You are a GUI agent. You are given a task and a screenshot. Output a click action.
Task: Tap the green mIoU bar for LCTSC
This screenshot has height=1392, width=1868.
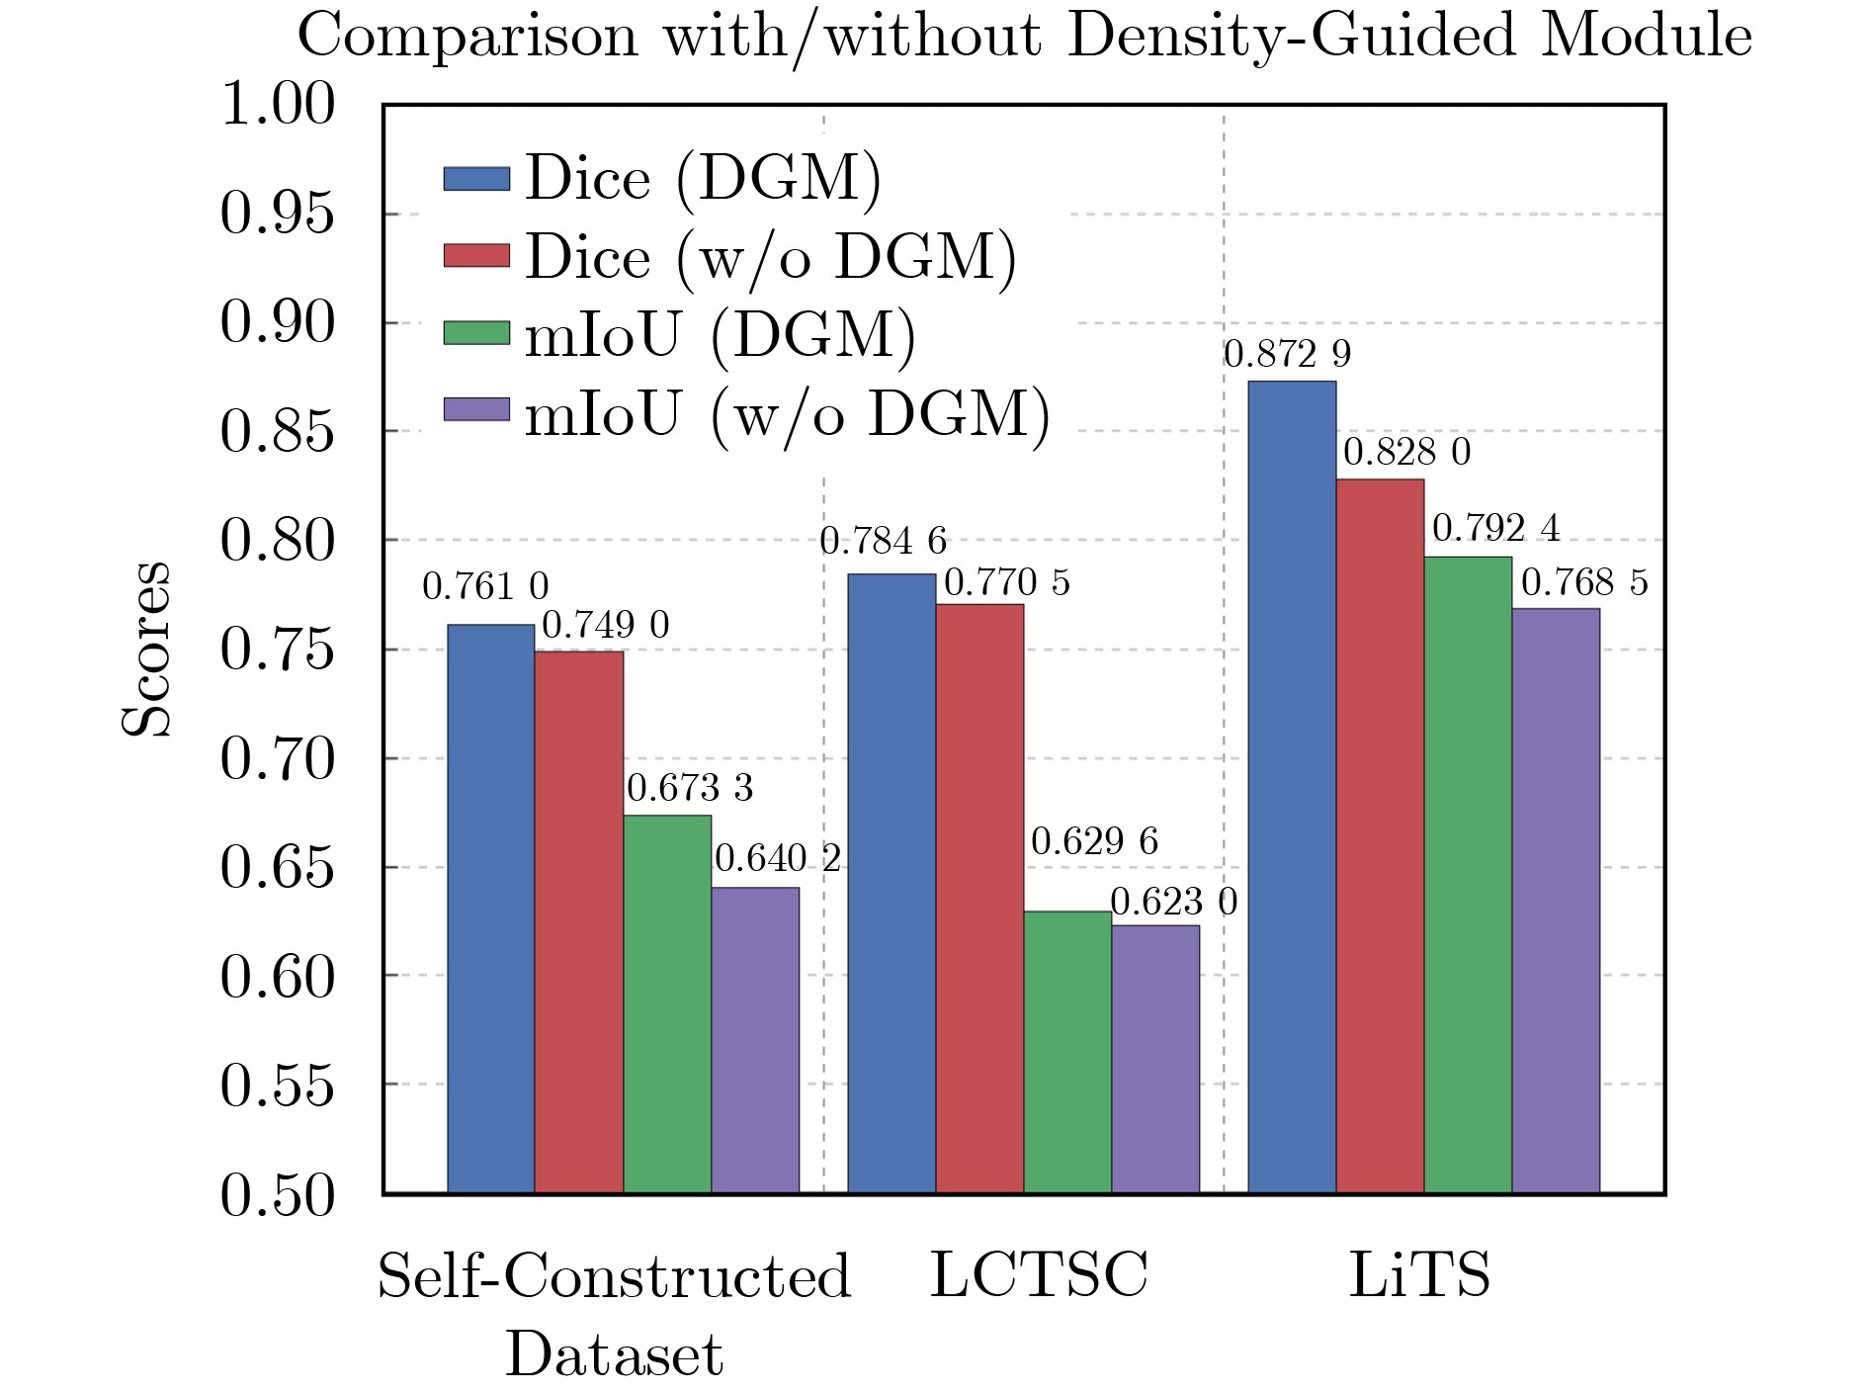[x=1067, y=1052]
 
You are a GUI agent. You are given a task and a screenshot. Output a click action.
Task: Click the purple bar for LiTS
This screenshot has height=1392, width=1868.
[x=1556, y=901]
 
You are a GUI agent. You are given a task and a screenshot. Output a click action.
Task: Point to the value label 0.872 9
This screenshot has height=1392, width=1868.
[x=1287, y=354]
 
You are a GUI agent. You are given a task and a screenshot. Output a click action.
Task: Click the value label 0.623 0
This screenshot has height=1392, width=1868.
[x=1173, y=902]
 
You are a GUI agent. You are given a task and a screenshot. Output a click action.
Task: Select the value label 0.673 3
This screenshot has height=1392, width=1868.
[x=690, y=788]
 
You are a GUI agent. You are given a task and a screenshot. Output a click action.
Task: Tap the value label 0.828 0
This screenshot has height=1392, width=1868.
[x=1406, y=452]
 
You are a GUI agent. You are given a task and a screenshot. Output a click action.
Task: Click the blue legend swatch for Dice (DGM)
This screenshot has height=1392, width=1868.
[x=476, y=179]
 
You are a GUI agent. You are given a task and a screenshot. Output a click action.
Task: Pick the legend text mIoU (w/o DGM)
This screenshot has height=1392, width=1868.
[x=787, y=413]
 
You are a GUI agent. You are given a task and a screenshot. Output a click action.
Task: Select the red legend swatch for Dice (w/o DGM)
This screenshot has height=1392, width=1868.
[x=476, y=256]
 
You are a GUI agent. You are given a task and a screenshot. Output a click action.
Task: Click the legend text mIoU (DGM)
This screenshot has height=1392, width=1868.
[x=720, y=335]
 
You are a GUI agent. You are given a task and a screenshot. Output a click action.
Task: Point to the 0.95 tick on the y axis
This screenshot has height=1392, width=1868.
[x=278, y=214]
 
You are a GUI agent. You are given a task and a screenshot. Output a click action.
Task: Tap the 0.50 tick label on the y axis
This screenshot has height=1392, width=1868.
[x=278, y=1195]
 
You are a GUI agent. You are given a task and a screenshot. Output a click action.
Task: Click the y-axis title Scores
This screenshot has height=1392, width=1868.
[x=146, y=649]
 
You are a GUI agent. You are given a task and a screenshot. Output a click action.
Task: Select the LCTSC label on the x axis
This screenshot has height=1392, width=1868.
[x=1039, y=1275]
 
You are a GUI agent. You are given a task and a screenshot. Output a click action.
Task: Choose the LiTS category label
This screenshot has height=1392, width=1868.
[x=1419, y=1275]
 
